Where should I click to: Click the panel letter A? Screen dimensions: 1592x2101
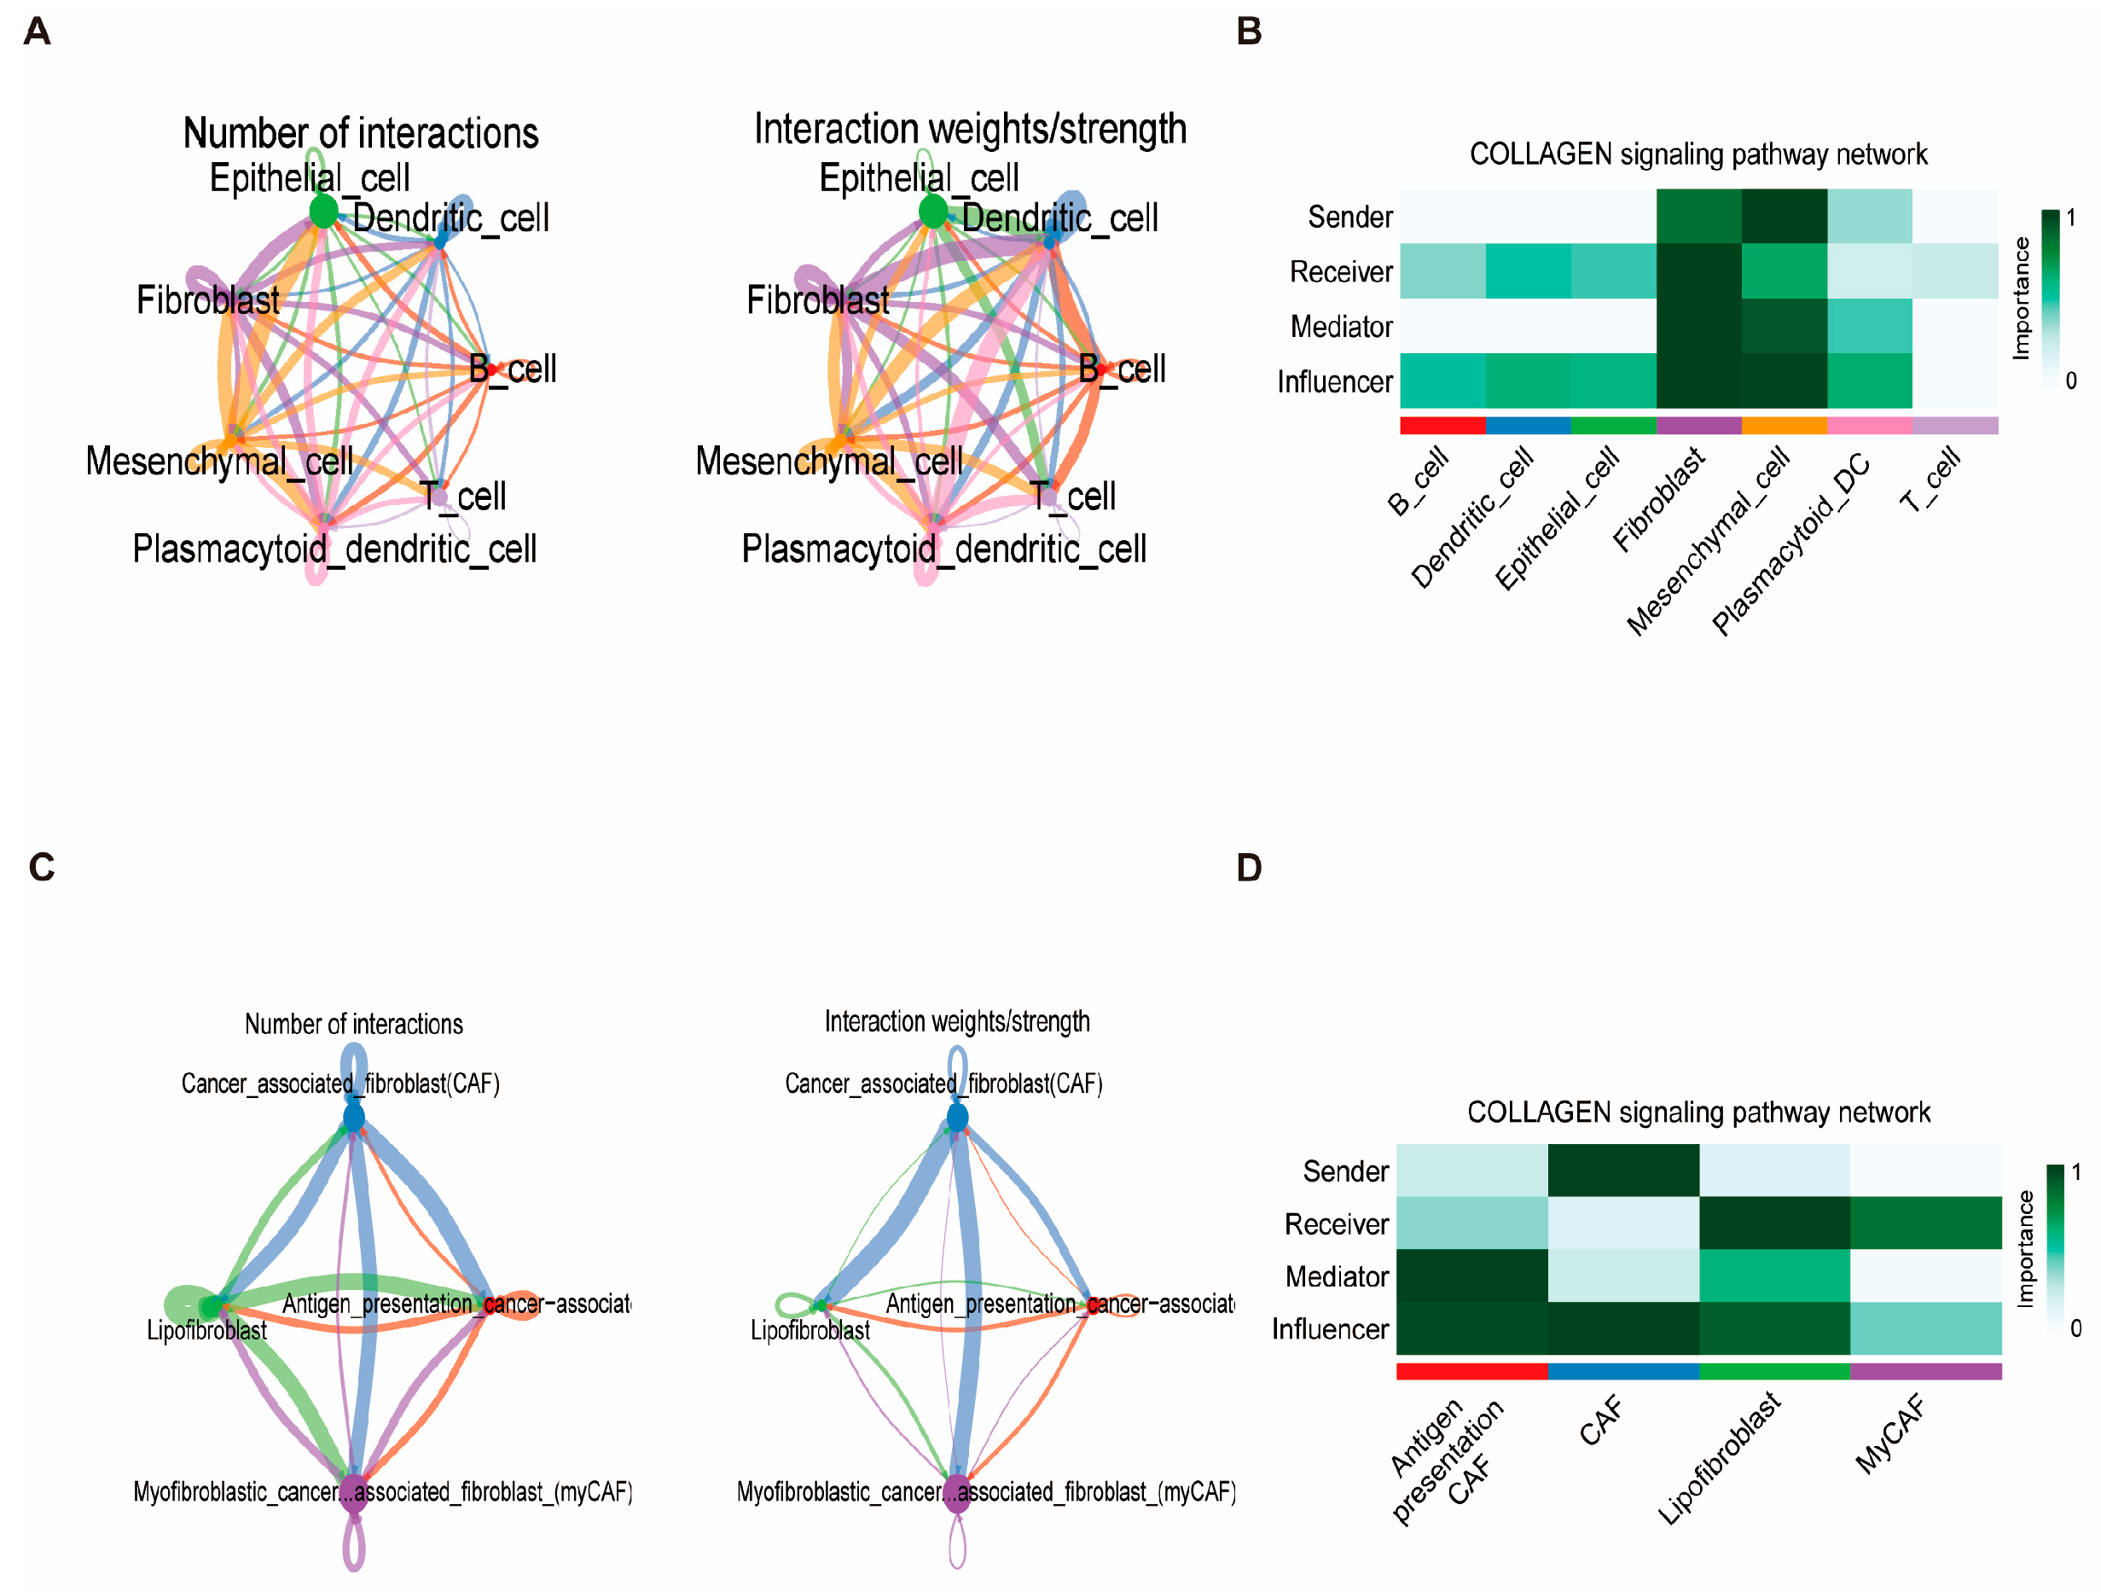36,32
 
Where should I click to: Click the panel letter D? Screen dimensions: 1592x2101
1249,868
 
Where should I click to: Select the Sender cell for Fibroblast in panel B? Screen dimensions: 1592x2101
1698,217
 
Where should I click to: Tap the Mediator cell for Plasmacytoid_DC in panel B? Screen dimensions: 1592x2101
1868,326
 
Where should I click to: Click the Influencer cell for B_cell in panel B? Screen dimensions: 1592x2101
1442,381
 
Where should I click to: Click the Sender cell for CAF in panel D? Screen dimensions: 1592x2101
1622,1171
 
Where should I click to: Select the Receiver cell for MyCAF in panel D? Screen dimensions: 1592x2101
1925,1223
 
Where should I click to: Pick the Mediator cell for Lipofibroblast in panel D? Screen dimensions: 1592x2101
1773,1275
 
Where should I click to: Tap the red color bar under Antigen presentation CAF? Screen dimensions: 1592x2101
1471,1372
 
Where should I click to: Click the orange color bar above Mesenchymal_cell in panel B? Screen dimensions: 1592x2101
1784,426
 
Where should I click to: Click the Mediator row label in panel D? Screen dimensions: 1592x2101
1336,1276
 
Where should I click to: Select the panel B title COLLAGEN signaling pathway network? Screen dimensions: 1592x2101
1698,154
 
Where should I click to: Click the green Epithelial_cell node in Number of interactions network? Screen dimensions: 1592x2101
323,211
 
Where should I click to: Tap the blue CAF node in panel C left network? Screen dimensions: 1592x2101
353,1117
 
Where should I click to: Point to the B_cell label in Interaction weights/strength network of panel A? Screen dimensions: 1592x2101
1122,369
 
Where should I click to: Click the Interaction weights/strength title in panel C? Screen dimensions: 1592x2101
956,1021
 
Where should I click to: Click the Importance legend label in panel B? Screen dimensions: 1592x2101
2021,299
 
